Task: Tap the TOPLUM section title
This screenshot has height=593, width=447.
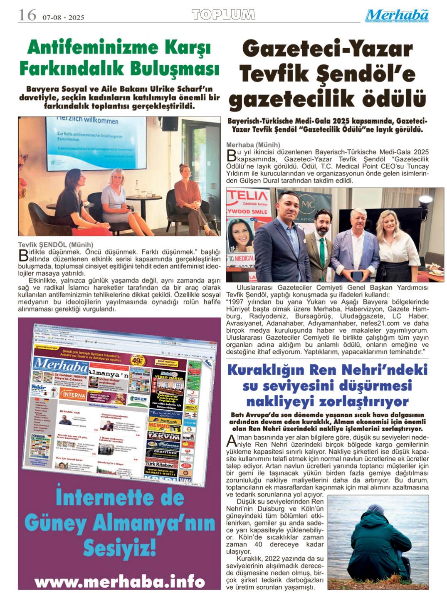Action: click(223, 15)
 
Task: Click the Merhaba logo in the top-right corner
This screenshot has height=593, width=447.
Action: click(397, 15)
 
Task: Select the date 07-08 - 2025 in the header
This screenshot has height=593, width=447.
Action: click(63, 17)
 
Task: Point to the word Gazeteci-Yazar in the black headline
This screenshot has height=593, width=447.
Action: click(327, 50)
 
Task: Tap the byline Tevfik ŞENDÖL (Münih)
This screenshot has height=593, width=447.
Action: click(56, 245)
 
